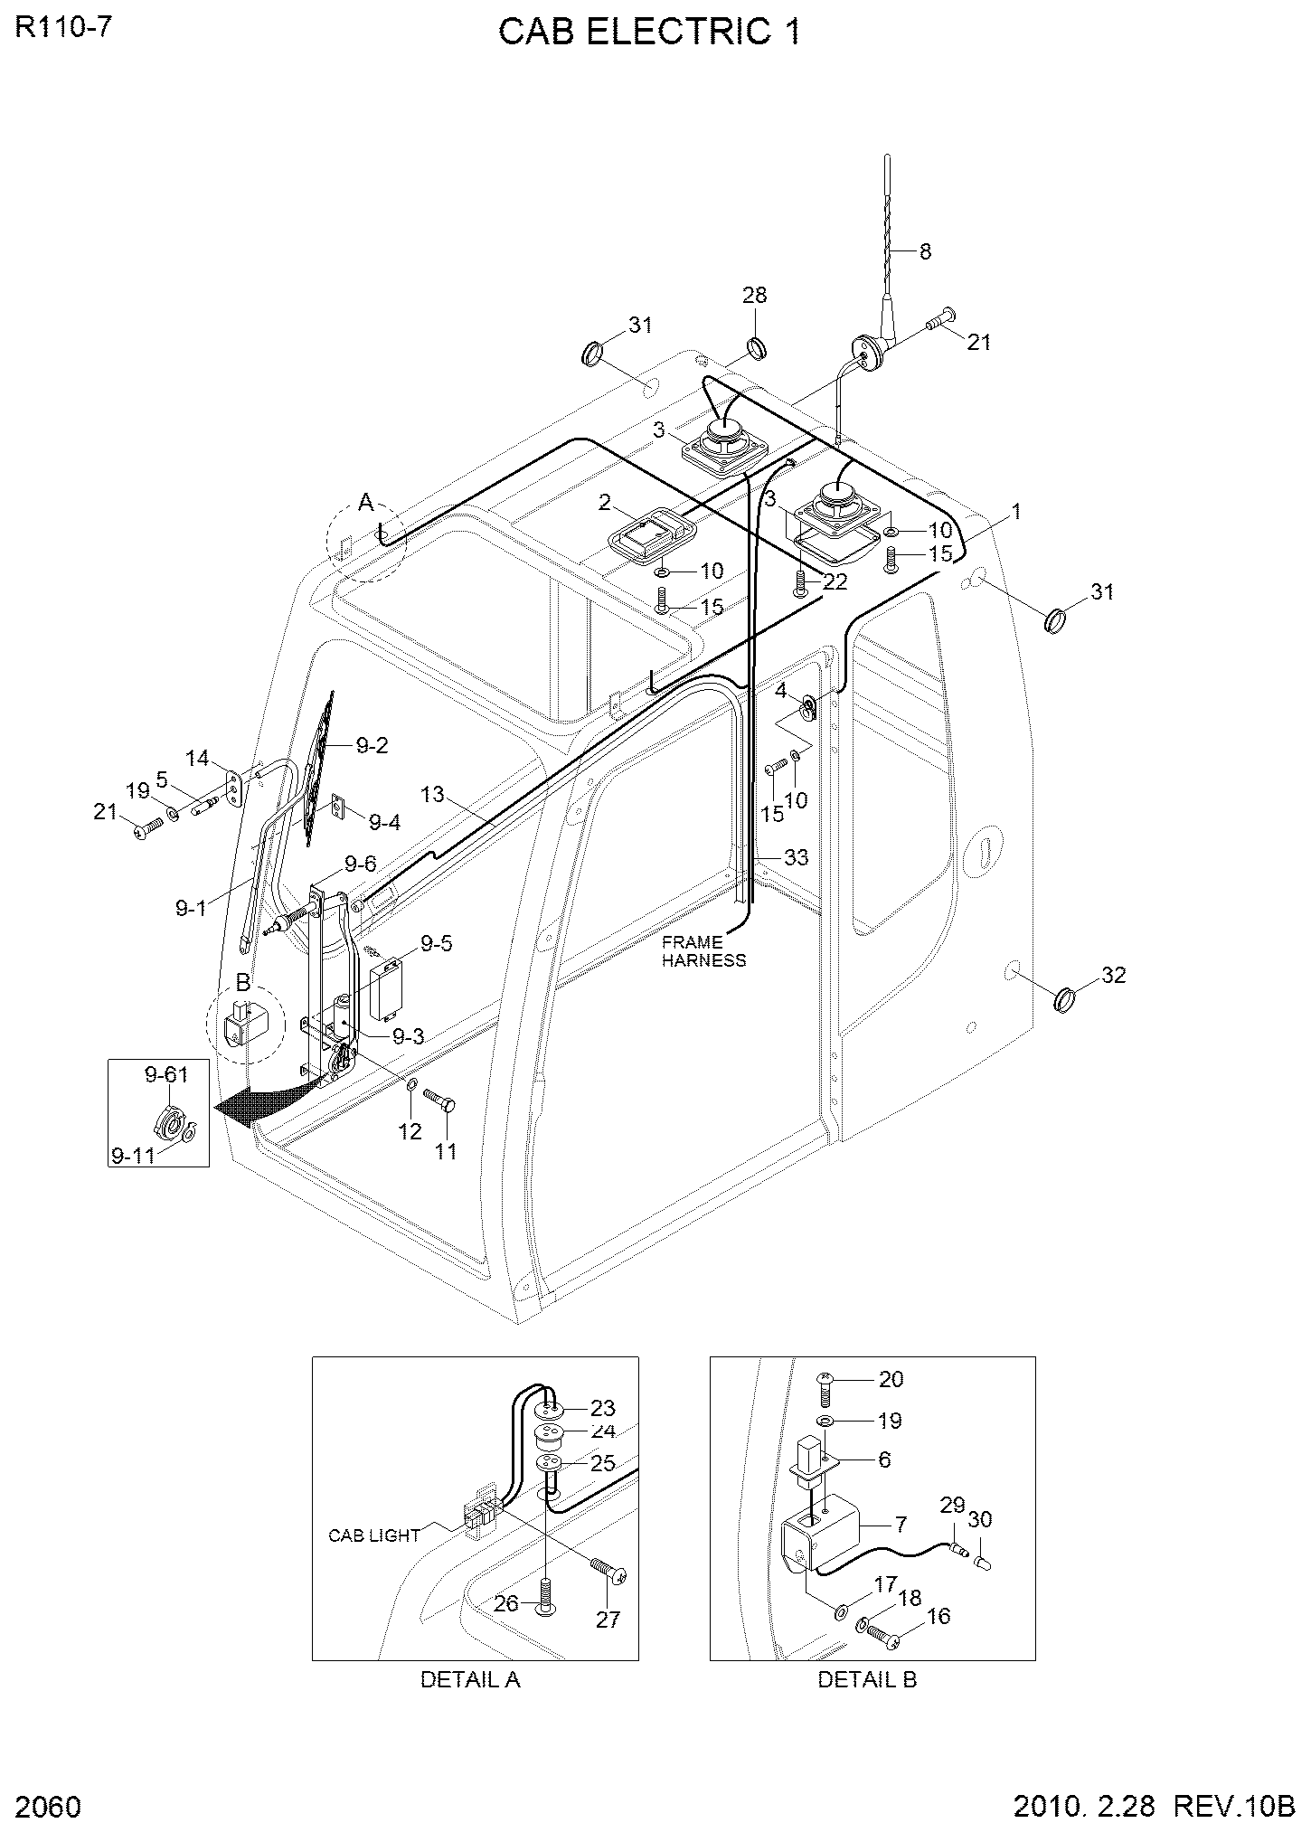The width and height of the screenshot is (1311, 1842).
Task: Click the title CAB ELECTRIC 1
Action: pos(649,33)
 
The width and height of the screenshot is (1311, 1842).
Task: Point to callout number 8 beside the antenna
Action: pos(925,251)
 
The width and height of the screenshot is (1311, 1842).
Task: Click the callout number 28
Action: pos(755,295)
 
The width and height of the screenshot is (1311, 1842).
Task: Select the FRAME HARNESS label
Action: pos(704,951)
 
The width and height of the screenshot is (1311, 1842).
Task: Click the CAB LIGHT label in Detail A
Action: pos(374,1535)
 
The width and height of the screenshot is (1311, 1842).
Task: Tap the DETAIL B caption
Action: pos(868,1679)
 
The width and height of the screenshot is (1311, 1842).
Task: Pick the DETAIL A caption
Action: pos(470,1679)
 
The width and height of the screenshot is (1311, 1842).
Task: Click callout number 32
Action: pos(1114,975)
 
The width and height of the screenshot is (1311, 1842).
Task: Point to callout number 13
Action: pos(433,794)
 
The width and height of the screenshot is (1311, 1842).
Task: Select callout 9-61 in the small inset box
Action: pos(166,1074)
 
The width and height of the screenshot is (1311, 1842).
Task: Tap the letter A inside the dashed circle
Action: pos(365,502)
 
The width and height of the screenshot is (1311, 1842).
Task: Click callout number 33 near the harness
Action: pos(796,856)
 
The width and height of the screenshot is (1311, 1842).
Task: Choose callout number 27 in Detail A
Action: pos(608,1620)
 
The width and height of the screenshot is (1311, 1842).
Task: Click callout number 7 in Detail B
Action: pos(901,1525)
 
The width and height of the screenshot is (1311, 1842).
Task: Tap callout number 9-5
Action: pos(436,944)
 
